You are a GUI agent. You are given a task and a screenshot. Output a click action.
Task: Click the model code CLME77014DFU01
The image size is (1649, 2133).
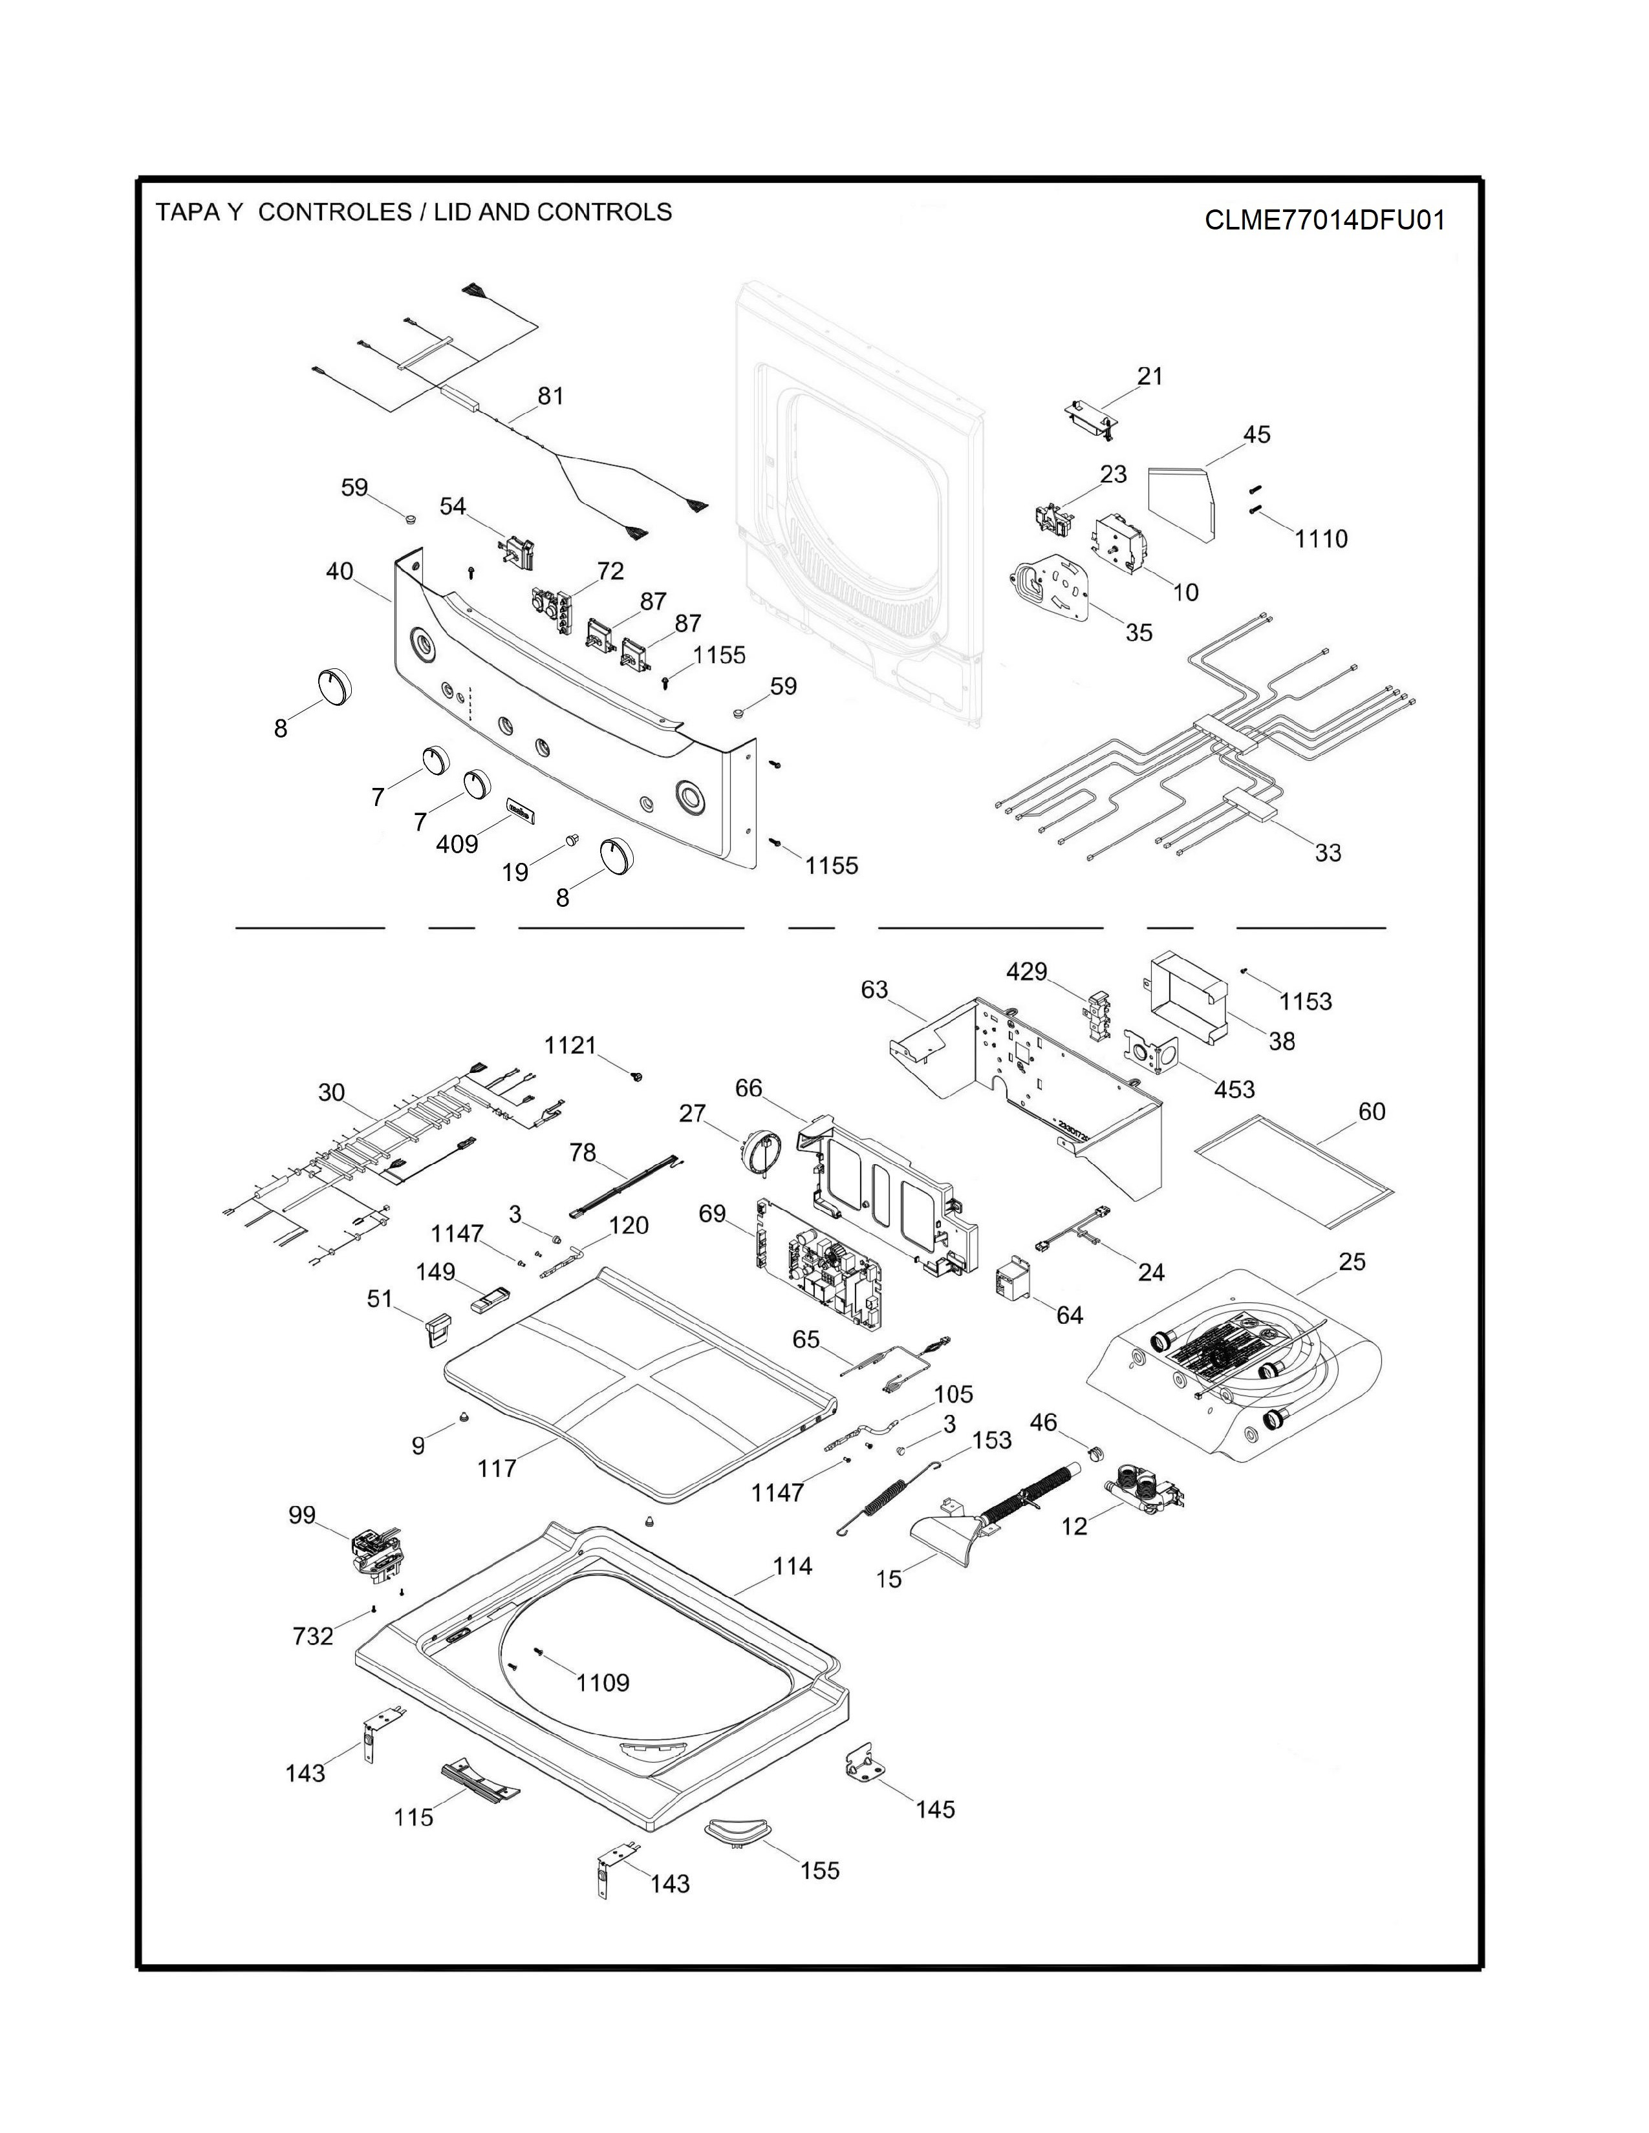coord(1324,220)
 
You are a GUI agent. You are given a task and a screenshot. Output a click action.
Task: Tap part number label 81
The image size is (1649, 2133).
coord(551,396)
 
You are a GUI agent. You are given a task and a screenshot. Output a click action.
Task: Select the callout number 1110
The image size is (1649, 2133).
coord(1320,538)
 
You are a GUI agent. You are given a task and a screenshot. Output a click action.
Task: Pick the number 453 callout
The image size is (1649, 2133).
coord(1234,1089)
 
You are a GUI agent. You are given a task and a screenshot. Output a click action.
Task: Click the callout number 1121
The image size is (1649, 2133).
coord(570,1045)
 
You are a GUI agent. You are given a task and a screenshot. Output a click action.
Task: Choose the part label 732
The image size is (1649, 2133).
coord(312,1636)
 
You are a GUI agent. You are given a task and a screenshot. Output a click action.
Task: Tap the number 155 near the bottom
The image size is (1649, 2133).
coord(819,1871)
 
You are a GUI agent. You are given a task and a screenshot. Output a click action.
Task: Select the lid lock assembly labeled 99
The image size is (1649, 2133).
coord(375,1551)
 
